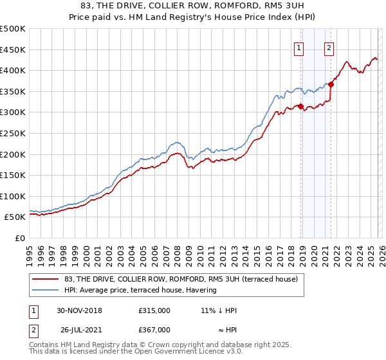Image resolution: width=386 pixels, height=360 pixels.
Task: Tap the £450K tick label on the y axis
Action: [13, 50]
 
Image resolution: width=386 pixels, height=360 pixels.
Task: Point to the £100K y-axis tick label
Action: [13, 196]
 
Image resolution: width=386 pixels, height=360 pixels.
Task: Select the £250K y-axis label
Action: [13, 133]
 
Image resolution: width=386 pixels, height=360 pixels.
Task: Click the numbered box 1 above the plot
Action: [300, 47]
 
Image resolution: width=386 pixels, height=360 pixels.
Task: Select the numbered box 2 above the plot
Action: [329, 47]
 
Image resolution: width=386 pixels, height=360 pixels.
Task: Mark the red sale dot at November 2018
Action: [300, 106]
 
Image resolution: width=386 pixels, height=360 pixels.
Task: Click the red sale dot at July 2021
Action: [331, 84]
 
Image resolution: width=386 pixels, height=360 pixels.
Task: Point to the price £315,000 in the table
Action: [154, 310]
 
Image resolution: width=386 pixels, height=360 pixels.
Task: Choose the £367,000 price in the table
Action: [154, 329]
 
